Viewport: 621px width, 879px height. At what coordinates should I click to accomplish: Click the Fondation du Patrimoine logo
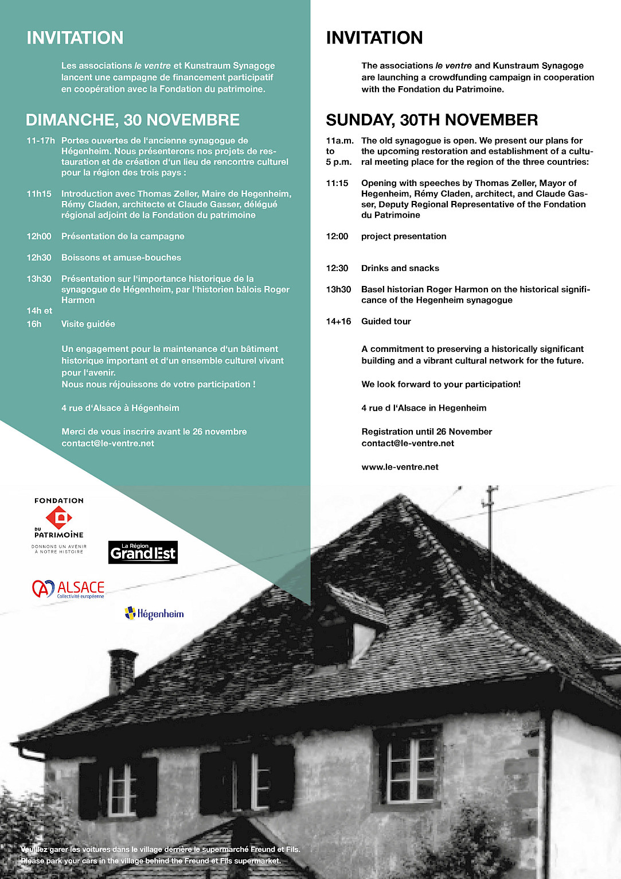click(59, 525)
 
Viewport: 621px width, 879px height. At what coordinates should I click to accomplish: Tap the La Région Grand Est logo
click(143, 552)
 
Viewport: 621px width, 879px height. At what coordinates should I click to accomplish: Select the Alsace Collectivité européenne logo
click(68, 589)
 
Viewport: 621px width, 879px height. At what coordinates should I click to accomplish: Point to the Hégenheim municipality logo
click(154, 614)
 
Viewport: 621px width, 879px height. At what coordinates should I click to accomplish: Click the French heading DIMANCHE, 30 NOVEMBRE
click(132, 120)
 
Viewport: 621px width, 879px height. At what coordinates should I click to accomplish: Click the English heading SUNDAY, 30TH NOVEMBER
click(432, 120)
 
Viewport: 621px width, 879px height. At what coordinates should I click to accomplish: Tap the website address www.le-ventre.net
click(400, 467)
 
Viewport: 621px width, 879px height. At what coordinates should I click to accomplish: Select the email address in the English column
click(408, 443)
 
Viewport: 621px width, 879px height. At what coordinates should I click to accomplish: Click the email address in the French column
click(108, 443)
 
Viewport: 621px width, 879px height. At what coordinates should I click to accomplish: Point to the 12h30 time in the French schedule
click(39, 258)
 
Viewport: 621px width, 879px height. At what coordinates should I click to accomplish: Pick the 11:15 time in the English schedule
click(337, 183)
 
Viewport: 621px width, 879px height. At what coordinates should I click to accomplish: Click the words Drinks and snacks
click(400, 268)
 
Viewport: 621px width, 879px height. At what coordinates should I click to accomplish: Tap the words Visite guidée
click(88, 324)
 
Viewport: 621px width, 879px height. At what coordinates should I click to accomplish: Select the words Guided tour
click(386, 322)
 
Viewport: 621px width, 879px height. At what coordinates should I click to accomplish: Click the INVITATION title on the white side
click(374, 38)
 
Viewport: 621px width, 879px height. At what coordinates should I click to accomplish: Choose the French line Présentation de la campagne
click(123, 237)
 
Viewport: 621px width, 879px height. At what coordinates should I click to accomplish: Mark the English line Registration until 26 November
click(427, 432)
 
